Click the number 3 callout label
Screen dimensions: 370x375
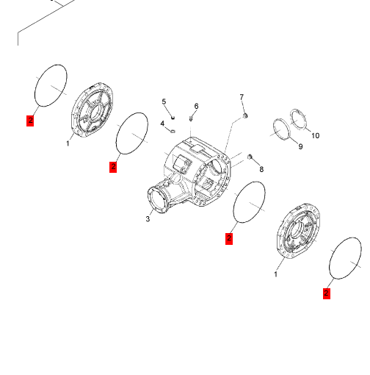pos(148,218)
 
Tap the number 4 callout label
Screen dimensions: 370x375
pos(162,124)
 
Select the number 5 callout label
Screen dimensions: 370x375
pos(164,101)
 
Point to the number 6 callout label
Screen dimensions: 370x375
pos(196,106)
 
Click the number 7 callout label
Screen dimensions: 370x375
pos(242,97)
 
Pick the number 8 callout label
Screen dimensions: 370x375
pos(261,169)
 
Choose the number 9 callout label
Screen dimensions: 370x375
pos(300,146)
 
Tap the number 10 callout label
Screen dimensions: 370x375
pos(316,135)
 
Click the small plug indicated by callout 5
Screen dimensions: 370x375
pos(173,118)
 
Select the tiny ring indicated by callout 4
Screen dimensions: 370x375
pos(173,132)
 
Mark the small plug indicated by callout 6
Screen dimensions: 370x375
pos(191,118)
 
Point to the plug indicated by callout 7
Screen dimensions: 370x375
pos(245,115)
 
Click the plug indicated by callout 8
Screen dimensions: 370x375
pos(250,157)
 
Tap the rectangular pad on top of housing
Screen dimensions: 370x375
pos(197,149)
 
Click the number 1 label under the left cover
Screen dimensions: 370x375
pos(68,143)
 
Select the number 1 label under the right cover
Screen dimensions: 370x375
pos(275,274)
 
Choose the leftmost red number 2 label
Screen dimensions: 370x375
pos(30,121)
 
